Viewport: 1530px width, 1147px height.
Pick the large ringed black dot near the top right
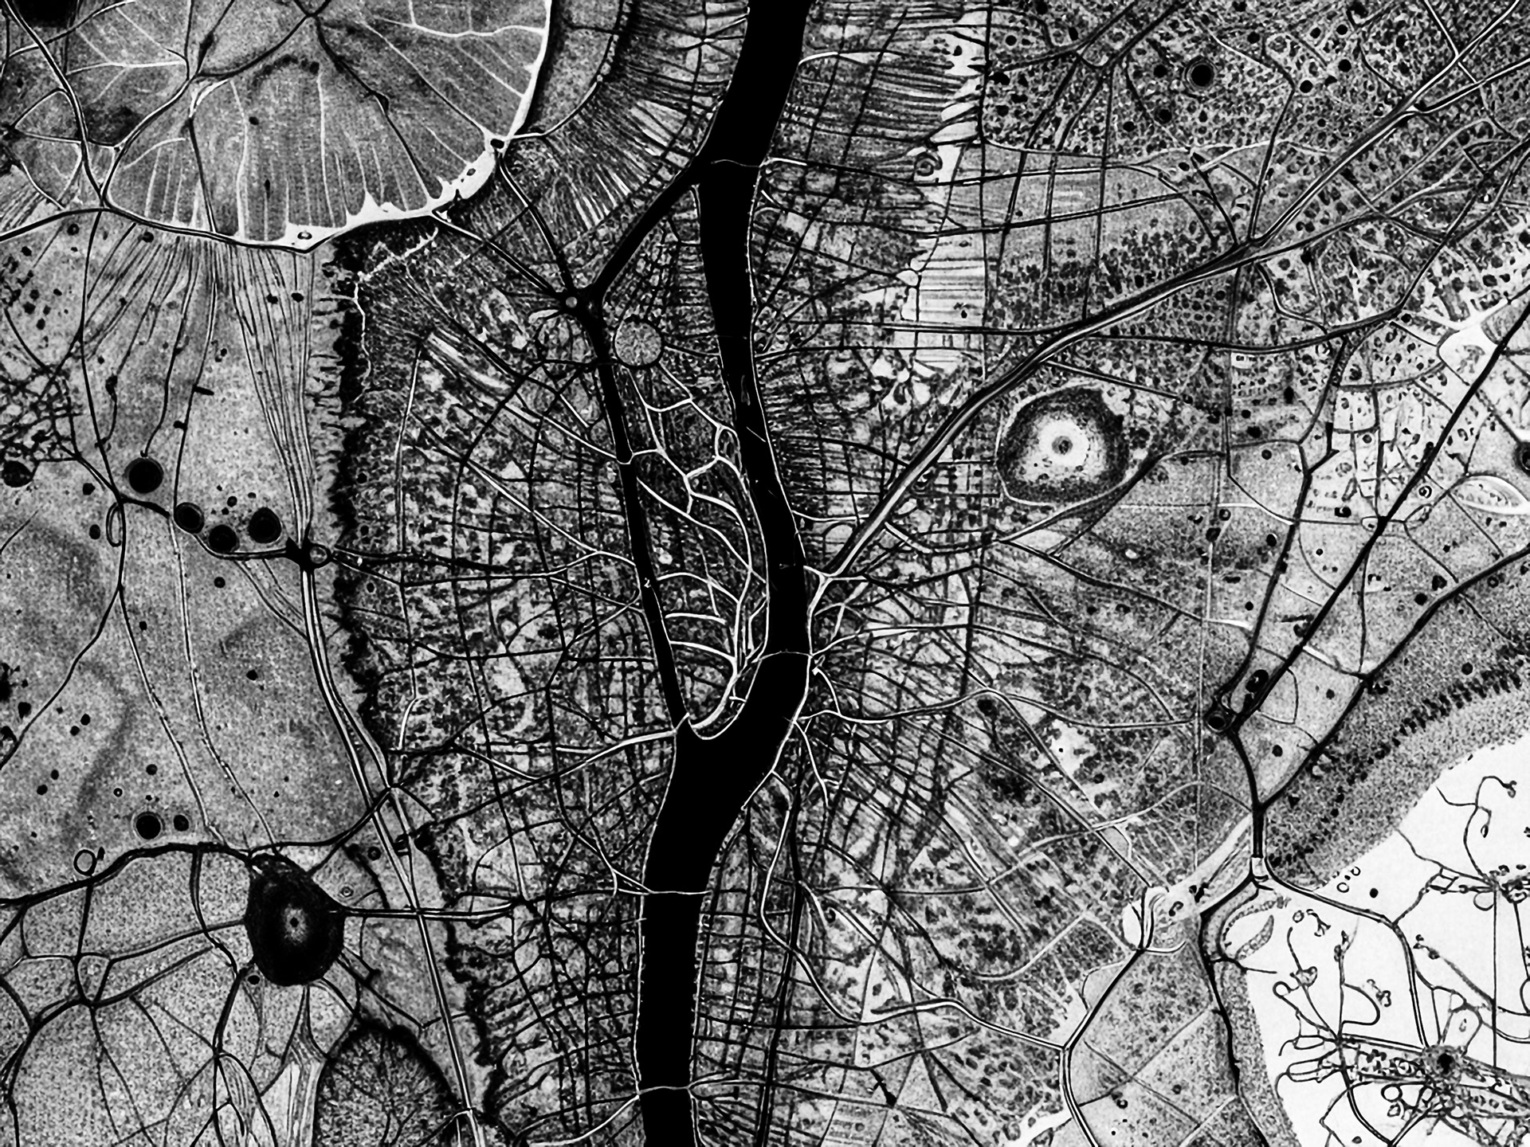tap(1199, 74)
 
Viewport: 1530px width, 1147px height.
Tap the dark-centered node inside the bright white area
tap(1442, 1059)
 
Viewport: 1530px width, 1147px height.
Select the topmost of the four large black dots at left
tap(145, 475)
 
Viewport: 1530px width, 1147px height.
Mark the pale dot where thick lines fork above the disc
tap(572, 301)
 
